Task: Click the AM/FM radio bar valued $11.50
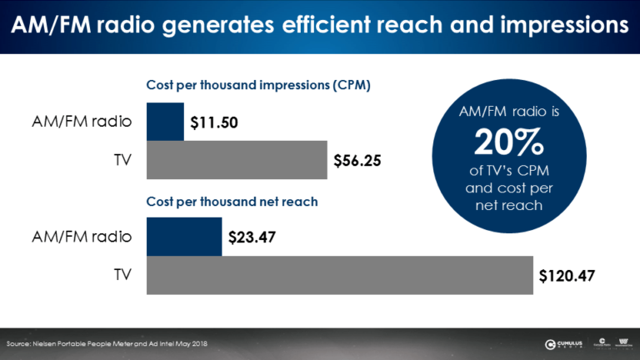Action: (x=165, y=122)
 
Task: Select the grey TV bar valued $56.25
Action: (x=237, y=159)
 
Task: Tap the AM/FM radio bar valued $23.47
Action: (x=183, y=236)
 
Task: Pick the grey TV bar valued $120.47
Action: (x=339, y=274)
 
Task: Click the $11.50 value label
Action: (x=214, y=122)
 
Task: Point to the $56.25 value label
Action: (x=357, y=160)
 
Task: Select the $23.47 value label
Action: (x=252, y=237)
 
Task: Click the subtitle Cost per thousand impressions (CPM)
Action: (x=258, y=85)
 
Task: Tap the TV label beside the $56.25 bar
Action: (x=122, y=159)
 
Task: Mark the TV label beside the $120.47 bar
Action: (x=122, y=274)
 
